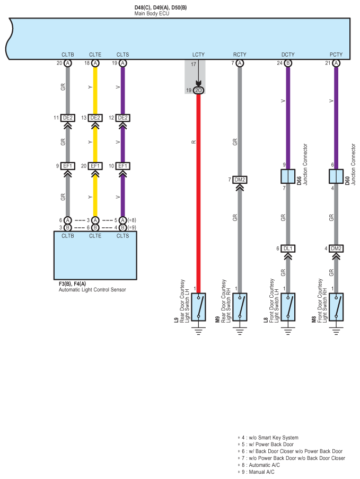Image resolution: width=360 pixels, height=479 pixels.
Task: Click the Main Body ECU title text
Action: coord(152,13)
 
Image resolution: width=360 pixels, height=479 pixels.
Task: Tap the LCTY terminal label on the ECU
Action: coord(198,55)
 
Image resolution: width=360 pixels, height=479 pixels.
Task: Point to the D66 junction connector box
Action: coord(288,176)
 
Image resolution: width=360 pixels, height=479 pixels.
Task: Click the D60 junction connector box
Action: coord(336,176)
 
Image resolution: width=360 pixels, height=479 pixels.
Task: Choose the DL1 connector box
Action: coord(288,249)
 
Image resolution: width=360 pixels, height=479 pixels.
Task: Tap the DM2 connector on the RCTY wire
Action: coord(240,180)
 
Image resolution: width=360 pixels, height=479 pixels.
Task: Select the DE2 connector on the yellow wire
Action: coord(95,118)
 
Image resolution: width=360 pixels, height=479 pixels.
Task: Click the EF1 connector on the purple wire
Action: coord(123,166)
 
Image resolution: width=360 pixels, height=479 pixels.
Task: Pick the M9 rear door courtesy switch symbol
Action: coord(240,307)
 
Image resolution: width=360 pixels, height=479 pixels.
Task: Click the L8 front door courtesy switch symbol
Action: coord(288,307)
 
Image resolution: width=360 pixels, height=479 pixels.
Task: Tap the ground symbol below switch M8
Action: coord(336,331)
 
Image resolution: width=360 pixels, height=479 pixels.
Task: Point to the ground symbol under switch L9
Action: coord(198,331)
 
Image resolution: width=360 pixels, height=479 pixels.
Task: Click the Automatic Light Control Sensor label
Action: coord(92,290)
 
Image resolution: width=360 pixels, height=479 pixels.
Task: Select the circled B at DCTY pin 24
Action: coord(288,63)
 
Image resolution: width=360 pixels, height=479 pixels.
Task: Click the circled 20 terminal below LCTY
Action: coord(198,91)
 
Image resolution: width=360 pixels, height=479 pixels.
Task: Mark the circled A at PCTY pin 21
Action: coord(336,63)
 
